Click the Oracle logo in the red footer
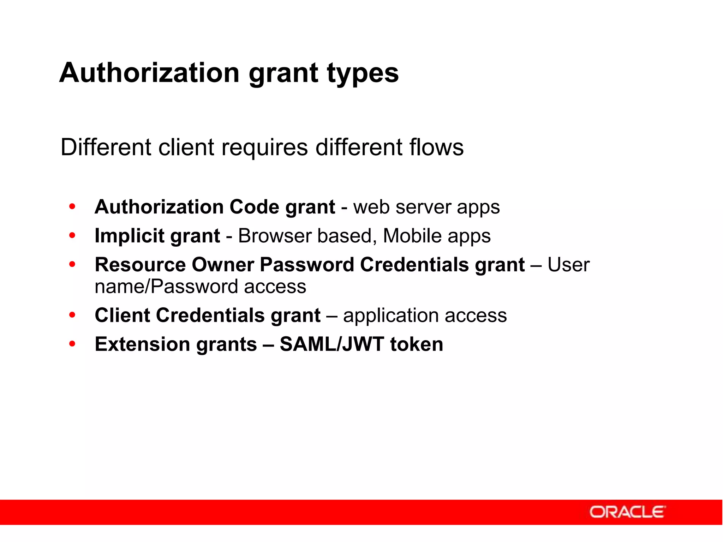[627, 512]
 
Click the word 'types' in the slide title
[363, 73]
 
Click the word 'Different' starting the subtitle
[106, 147]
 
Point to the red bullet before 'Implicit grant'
[72, 235]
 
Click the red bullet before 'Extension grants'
[72, 344]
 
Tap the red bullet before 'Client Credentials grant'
[72, 315]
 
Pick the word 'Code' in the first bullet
[254, 207]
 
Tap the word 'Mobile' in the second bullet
[412, 236]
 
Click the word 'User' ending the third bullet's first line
[568, 265]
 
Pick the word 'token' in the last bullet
[416, 344]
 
